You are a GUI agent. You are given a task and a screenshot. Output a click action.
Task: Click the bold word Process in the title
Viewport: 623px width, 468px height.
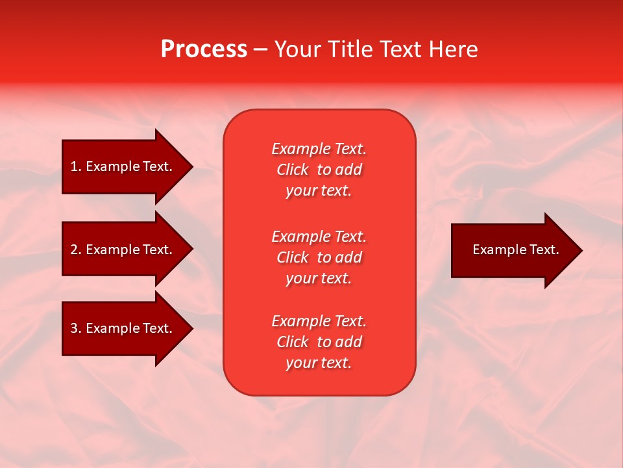tap(204, 49)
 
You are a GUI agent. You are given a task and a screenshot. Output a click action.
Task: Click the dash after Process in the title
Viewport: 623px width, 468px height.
tap(260, 50)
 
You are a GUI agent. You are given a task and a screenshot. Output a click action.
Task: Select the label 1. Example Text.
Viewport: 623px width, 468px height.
tap(121, 166)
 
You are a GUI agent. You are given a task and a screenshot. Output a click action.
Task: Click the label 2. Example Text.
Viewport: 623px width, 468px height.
tap(121, 250)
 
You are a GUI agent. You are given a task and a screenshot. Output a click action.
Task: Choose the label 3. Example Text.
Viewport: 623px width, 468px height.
tap(121, 328)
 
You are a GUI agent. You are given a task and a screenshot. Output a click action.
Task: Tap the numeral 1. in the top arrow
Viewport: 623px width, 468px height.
tap(75, 166)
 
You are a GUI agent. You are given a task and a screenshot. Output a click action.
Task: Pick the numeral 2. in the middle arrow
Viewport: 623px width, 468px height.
tap(75, 250)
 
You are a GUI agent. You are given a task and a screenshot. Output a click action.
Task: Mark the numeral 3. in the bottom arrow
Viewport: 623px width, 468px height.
tap(75, 328)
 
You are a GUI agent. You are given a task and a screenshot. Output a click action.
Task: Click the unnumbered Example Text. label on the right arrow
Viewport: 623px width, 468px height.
tap(515, 250)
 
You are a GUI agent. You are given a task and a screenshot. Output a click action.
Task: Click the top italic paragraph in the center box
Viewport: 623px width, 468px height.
tap(319, 170)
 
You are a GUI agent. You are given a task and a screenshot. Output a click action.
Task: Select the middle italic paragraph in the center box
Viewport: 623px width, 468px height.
tap(319, 257)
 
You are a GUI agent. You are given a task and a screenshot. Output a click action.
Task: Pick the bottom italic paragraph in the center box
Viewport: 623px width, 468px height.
tap(319, 342)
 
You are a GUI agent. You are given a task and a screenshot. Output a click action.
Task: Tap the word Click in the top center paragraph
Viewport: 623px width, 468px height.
tap(293, 170)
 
